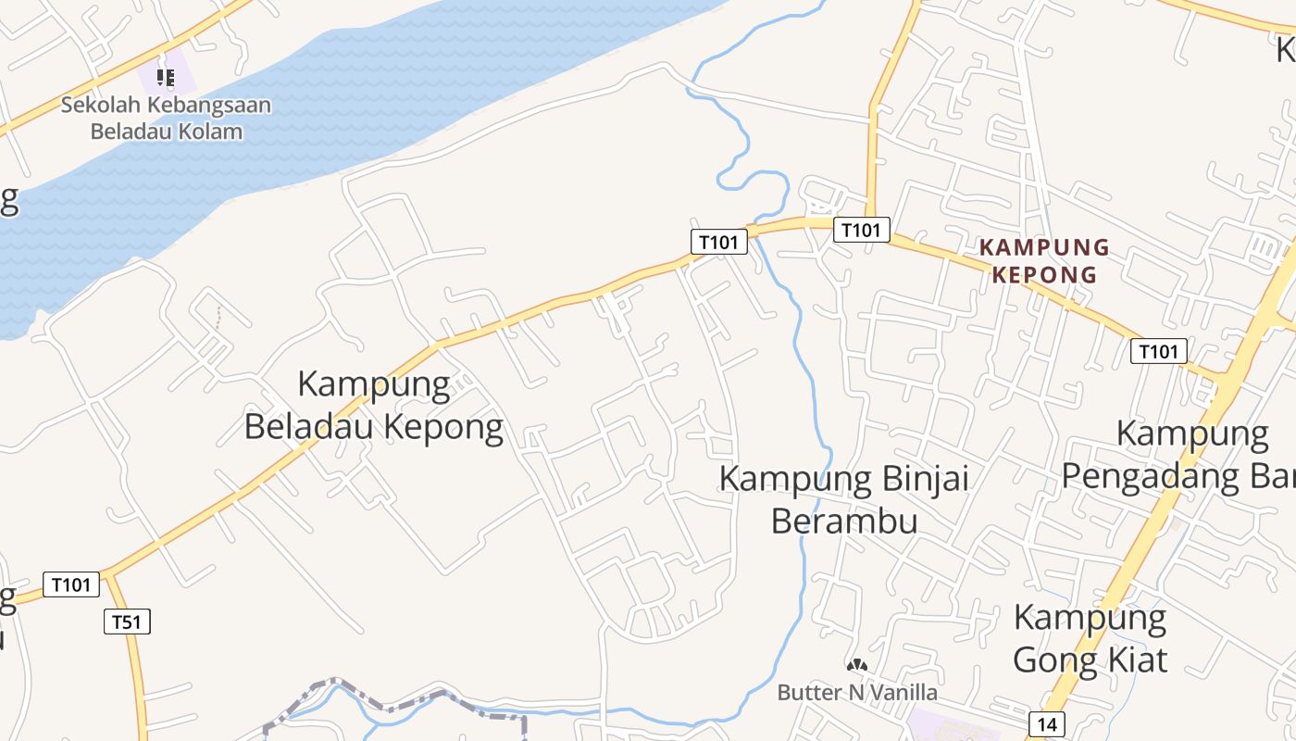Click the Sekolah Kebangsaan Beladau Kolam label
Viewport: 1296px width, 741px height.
point(167,118)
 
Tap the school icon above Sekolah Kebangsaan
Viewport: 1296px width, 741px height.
point(166,77)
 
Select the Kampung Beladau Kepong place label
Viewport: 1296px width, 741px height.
point(374,405)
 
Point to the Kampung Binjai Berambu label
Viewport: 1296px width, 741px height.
point(844,499)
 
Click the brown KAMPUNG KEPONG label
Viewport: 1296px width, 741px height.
point(1044,260)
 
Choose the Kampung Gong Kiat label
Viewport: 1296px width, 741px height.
point(1090,638)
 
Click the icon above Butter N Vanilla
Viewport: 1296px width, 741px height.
point(857,664)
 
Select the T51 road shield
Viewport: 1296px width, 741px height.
point(127,622)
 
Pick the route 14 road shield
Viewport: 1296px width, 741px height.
point(1046,723)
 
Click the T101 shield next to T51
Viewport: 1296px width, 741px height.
point(71,584)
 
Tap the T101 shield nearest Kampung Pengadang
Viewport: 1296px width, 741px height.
point(1158,351)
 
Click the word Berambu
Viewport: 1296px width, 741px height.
point(844,521)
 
